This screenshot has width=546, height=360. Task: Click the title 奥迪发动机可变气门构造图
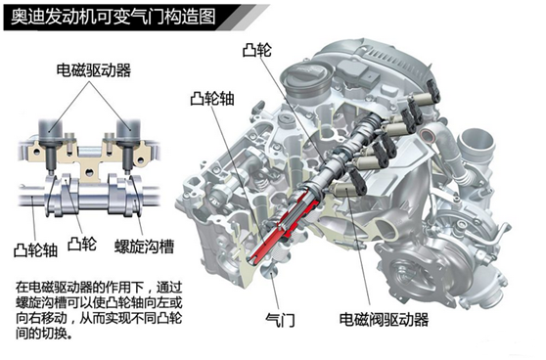113,17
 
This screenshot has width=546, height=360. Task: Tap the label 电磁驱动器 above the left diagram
94,70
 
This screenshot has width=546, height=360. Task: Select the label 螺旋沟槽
144,247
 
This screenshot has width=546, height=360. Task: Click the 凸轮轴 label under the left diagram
35,250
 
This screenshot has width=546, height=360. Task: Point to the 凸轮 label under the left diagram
82,244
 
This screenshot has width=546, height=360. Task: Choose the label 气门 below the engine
280,320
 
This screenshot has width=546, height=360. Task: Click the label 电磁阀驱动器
385,319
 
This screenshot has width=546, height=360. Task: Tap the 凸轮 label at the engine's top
256,50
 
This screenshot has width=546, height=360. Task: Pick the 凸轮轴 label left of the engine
212,99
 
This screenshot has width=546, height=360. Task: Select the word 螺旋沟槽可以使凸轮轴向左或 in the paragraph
99,302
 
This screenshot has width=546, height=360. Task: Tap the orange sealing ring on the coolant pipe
428,135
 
